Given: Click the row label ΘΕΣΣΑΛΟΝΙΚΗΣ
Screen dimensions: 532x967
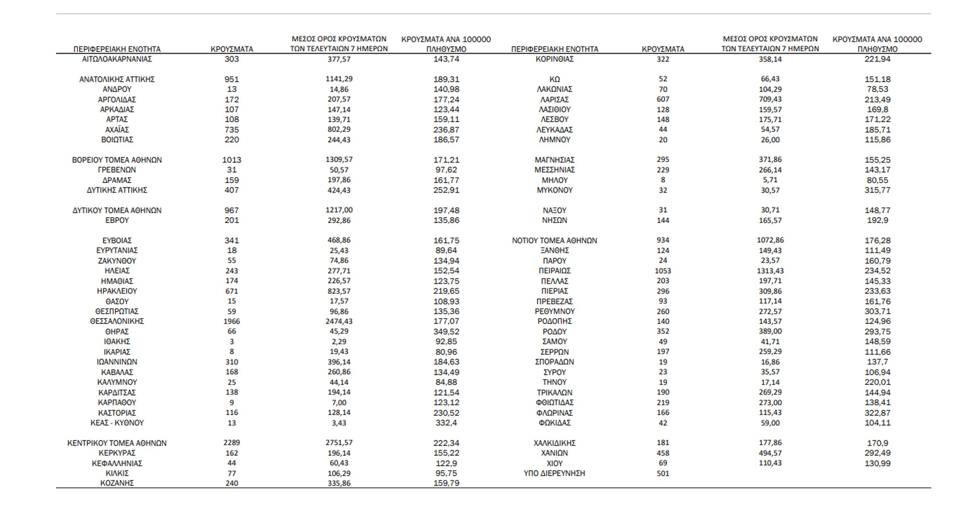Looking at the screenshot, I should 117,322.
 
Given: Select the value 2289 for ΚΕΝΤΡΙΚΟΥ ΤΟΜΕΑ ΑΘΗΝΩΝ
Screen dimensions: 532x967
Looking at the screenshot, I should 232,443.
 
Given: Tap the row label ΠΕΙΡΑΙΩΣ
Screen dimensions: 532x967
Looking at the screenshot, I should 554,271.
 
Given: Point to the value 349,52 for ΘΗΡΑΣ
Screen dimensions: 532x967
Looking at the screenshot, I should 446,331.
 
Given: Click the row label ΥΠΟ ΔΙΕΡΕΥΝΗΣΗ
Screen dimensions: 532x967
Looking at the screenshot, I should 554,473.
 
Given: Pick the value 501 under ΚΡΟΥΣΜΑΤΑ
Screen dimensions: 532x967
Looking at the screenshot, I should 663,473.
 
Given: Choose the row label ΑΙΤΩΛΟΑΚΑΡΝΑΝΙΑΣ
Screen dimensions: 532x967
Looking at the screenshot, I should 117,59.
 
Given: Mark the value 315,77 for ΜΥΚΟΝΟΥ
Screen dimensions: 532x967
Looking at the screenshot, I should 877,190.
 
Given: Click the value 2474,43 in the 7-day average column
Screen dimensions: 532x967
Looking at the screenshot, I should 339,322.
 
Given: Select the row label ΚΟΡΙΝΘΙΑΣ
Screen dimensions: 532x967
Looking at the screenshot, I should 554,59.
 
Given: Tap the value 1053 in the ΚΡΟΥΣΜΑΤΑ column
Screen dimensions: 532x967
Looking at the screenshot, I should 663,271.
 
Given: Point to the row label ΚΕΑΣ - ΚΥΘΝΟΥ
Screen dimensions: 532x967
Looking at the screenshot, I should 117,423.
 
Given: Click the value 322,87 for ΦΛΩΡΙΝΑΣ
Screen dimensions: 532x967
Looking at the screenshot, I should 877,413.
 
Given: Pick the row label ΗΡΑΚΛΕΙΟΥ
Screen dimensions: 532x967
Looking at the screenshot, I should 117,291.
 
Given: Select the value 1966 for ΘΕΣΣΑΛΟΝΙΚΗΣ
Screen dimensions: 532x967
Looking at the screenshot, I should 232,322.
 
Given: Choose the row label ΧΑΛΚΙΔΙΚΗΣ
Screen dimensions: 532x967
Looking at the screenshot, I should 554,443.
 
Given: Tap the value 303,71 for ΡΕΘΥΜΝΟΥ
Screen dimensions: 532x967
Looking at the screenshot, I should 877,311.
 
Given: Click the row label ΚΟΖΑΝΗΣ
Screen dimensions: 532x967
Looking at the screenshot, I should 117,483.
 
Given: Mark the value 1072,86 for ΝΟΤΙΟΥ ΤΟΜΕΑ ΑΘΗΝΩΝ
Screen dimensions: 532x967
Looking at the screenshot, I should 770,240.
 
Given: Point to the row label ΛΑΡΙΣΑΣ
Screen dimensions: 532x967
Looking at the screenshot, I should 554,99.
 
